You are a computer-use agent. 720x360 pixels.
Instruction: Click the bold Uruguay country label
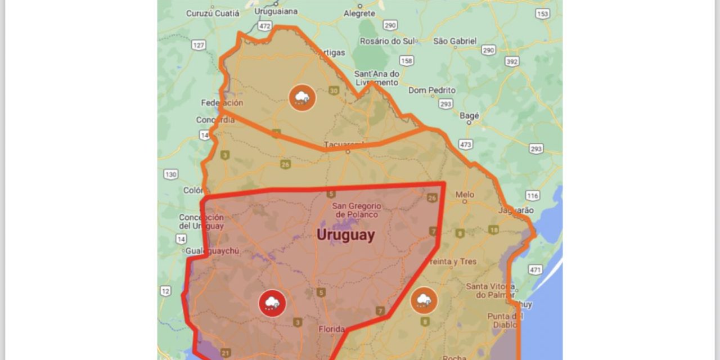coord(345,235)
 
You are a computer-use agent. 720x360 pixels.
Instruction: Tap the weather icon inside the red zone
coord(272,304)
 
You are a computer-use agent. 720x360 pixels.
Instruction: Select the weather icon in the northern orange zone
coord(302,97)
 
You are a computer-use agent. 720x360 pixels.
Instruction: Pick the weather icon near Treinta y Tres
coord(424,300)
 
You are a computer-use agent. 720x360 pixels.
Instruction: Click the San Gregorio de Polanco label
coord(357,210)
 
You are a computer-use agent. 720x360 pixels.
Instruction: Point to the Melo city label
coord(465,195)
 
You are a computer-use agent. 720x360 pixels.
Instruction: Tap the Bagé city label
coord(469,116)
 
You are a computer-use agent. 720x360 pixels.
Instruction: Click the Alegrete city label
coord(359,13)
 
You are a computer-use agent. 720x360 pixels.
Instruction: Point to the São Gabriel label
coord(455,41)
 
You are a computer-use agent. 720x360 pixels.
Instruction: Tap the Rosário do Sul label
coord(388,41)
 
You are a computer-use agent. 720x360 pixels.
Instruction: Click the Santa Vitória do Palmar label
coord(488,291)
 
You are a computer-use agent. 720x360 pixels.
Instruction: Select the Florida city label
coord(331,329)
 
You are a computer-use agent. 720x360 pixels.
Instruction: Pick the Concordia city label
coord(215,120)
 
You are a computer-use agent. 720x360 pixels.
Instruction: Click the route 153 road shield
coord(542,14)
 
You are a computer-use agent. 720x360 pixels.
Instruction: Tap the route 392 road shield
coord(512,61)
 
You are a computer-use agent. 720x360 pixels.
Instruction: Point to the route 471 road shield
coord(535,270)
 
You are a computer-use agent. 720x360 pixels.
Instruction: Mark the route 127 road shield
coord(198,45)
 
